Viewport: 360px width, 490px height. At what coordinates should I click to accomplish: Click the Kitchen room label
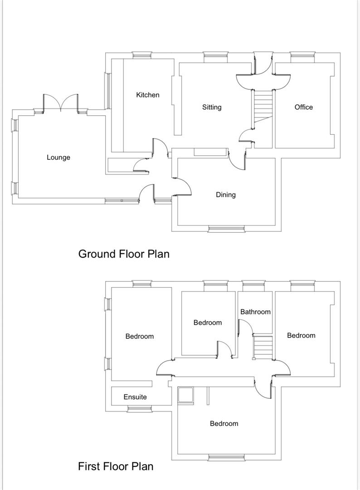pos(148,95)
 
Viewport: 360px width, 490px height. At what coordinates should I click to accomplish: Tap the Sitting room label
pos(212,107)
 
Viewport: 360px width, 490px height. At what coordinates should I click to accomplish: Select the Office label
pos(303,107)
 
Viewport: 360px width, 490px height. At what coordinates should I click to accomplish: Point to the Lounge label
pos(58,157)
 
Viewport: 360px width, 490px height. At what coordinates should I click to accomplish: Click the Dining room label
pos(225,195)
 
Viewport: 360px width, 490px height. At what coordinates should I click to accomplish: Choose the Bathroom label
pos(255,312)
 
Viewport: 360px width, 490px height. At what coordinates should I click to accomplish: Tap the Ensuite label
pos(135,397)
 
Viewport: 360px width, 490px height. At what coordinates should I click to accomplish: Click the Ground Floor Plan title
pos(124,254)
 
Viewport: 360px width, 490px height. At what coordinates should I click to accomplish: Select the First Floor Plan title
pos(116,466)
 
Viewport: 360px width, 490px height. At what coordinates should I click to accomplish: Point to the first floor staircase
pos(263,347)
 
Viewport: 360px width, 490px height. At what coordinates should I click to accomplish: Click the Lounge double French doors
pos(61,103)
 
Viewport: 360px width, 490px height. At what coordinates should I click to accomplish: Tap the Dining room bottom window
pos(226,229)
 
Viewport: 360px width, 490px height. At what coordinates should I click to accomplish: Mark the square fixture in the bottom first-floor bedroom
pos(186,395)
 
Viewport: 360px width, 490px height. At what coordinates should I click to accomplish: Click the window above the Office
pos(302,56)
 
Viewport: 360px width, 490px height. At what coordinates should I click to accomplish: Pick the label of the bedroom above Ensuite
pos(139,336)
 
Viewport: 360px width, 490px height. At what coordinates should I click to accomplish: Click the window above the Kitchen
pos(142,56)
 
